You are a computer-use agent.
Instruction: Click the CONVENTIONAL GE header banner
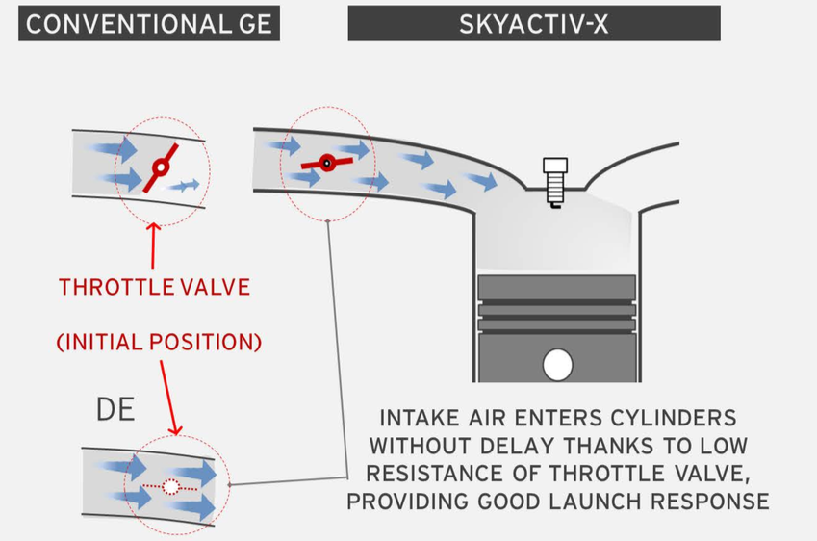(148, 24)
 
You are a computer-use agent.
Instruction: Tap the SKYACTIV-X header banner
(533, 24)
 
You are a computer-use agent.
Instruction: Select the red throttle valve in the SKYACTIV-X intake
(326, 164)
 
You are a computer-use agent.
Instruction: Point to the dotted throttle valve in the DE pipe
(171, 487)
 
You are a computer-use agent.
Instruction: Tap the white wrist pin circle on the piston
(557, 365)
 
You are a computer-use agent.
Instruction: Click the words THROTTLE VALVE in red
(154, 287)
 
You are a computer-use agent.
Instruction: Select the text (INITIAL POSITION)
(159, 342)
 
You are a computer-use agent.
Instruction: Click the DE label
(115, 410)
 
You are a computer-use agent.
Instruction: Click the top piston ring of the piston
(557, 286)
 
